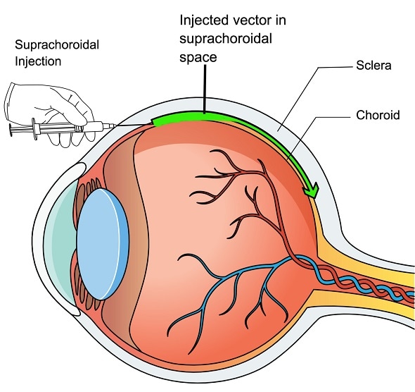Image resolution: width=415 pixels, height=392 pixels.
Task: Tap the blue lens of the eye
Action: click(x=101, y=225)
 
